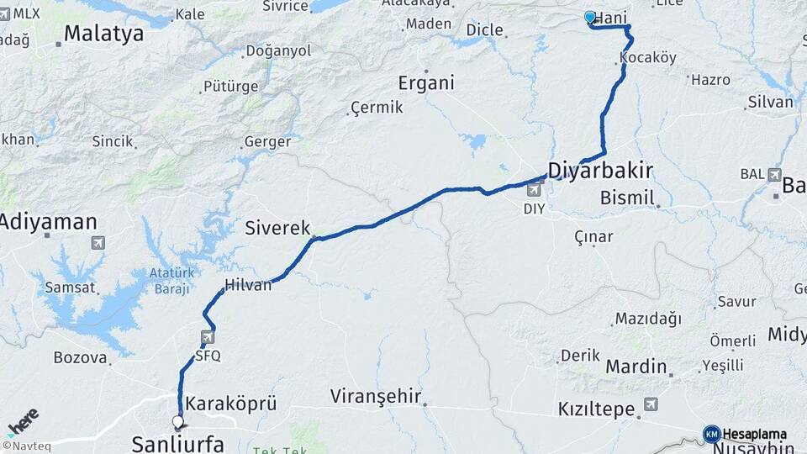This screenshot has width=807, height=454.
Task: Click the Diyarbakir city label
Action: (x=600, y=171)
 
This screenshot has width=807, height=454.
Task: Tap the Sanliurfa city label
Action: (x=177, y=443)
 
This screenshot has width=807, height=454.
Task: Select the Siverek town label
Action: (x=277, y=228)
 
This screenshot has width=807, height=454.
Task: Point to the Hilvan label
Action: (x=248, y=285)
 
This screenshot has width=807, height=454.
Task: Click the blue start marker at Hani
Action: (x=590, y=17)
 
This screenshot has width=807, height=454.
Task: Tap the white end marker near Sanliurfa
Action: (x=177, y=421)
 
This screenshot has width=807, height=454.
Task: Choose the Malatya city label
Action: (x=103, y=34)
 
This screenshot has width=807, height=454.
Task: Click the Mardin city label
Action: (x=636, y=367)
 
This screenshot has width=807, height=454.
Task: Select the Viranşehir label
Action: (x=375, y=396)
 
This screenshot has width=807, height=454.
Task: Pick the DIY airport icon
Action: (x=533, y=191)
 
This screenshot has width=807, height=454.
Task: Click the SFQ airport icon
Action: (x=207, y=338)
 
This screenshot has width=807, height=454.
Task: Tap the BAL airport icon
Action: (x=774, y=174)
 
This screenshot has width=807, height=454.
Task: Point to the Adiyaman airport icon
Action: (x=98, y=243)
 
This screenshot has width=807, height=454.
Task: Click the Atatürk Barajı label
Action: (x=171, y=280)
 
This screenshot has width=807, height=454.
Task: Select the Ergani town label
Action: (x=426, y=83)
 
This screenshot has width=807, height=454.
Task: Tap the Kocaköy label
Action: (x=647, y=58)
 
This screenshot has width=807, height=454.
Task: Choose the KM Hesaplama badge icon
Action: (x=711, y=434)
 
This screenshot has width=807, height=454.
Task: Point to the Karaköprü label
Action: (x=230, y=404)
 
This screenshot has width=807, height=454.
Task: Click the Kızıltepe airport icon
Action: (x=649, y=405)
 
